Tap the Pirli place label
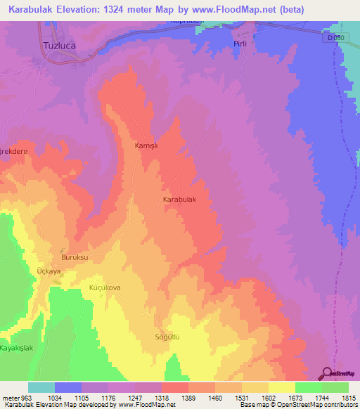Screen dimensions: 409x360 click(x=241, y=44)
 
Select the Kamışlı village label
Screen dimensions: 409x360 click(x=148, y=145)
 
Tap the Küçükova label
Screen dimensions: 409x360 click(x=105, y=288)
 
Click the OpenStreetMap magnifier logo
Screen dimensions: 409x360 click(x=327, y=374)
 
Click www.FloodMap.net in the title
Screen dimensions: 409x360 click(x=270, y=8)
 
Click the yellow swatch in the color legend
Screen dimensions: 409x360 click(x=282, y=387)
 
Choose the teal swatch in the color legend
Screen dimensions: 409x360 click(x=41, y=387)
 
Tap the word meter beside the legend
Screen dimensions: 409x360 click(x=10, y=397)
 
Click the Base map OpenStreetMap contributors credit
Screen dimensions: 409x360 click(x=298, y=405)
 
